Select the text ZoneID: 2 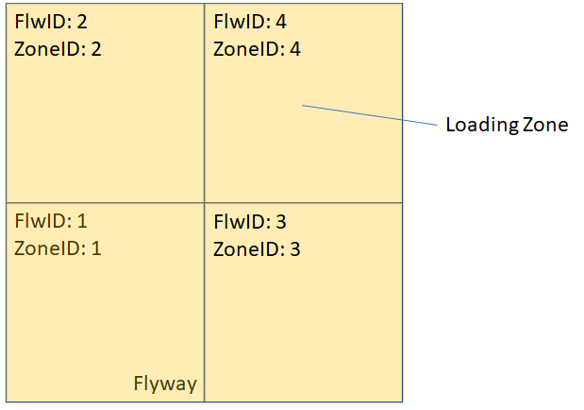(x=58, y=49)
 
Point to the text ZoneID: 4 (x=257, y=49)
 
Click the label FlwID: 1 (x=52, y=222)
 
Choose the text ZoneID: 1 (x=58, y=249)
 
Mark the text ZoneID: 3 (x=257, y=249)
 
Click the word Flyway (x=165, y=384)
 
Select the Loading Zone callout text (x=507, y=125)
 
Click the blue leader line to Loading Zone (x=368, y=115)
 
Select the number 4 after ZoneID (x=295, y=49)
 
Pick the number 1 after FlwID (x=82, y=222)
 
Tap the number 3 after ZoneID (x=295, y=249)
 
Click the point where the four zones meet (x=205, y=202)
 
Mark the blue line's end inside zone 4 (x=303, y=106)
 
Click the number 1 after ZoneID (x=96, y=249)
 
